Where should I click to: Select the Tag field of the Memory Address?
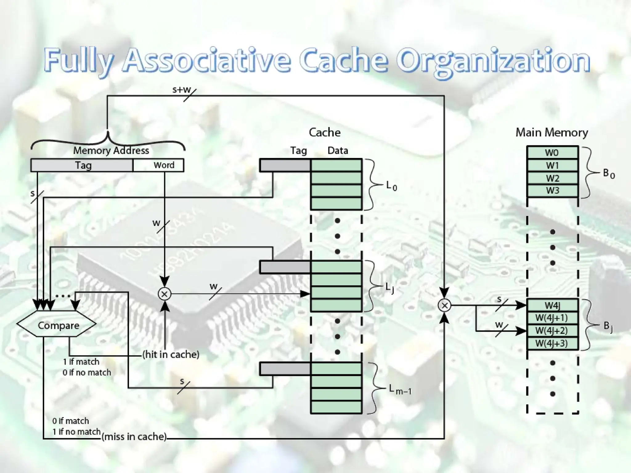pos(82,165)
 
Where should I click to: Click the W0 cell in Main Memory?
pos(552,153)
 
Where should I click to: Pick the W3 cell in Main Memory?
pos(552,191)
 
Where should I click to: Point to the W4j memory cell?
pos(552,305)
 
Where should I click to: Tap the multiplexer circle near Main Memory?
pos(444,305)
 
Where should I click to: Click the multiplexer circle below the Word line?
pos(165,294)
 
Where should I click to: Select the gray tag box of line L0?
pos(285,165)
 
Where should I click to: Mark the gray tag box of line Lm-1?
pos(285,369)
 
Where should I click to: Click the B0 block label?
pos(609,174)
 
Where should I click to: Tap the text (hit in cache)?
pos(171,354)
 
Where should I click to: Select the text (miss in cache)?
pos(134,437)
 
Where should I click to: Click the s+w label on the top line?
pos(182,90)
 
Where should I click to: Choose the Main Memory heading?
pos(552,132)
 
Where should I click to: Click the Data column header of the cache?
pos(338,151)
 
